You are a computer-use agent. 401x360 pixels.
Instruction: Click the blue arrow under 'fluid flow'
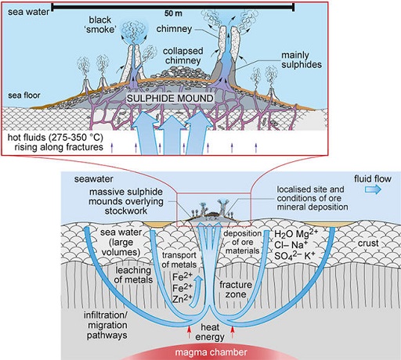370,199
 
